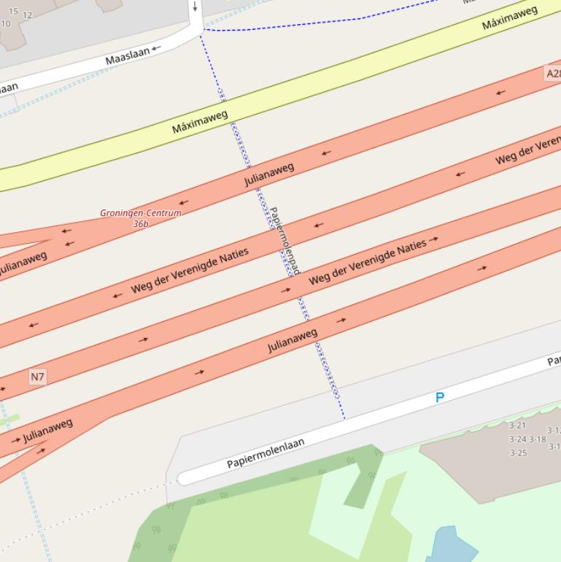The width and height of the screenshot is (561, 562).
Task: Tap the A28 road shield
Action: (x=553, y=74)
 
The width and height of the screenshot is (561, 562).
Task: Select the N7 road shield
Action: (x=37, y=377)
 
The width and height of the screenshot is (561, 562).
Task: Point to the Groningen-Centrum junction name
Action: (x=141, y=213)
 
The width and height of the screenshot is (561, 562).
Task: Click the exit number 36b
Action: (x=141, y=224)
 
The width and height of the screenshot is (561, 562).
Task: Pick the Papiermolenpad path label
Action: (x=285, y=241)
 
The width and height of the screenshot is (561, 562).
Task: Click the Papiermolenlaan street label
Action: (x=266, y=453)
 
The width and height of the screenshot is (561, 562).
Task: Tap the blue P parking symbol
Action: (x=439, y=398)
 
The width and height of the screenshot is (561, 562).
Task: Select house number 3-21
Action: (x=517, y=426)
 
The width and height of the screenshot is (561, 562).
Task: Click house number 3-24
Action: (x=517, y=439)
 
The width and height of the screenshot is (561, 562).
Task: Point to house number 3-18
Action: (x=538, y=439)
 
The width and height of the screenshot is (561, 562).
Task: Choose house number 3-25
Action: (x=518, y=453)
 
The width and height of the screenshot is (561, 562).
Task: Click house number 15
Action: (x=13, y=11)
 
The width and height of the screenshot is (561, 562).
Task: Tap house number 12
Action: (x=28, y=15)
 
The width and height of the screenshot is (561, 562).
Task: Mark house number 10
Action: (x=6, y=23)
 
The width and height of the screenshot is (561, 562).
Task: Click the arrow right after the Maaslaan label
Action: (x=156, y=48)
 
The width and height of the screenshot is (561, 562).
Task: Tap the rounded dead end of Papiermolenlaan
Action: (x=184, y=479)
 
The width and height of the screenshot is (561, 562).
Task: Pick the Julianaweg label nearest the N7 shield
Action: (x=47, y=431)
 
